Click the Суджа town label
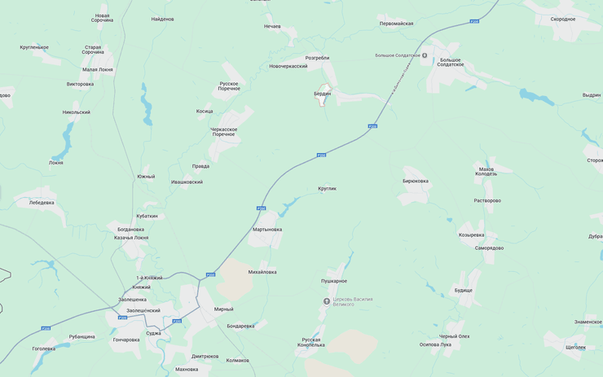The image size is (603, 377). click(x=153, y=333)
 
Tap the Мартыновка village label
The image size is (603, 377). click(x=267, y=230)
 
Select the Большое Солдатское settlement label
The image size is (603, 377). click(x=451, y=62)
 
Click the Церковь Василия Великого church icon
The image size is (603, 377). click(x=327, y=300)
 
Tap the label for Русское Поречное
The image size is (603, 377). click(x=229, y=85)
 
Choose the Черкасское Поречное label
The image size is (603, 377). click(x=223, y=132)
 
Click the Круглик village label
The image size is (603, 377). click(x=327, y=189)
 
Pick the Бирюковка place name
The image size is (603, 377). click(x=415, y=181)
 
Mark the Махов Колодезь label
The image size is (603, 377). click(x=486, y=171)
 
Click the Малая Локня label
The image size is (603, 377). click(x=97, y=70)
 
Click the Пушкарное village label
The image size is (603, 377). click(x=334, y=281)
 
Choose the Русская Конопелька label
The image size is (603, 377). click(x=312, y=342)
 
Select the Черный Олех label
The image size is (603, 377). click(x=454, y=336)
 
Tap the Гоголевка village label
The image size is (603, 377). click(x=44, y=349)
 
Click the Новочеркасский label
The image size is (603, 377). click(x=288, y=66)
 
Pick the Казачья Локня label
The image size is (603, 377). click(x=131, y=238)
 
